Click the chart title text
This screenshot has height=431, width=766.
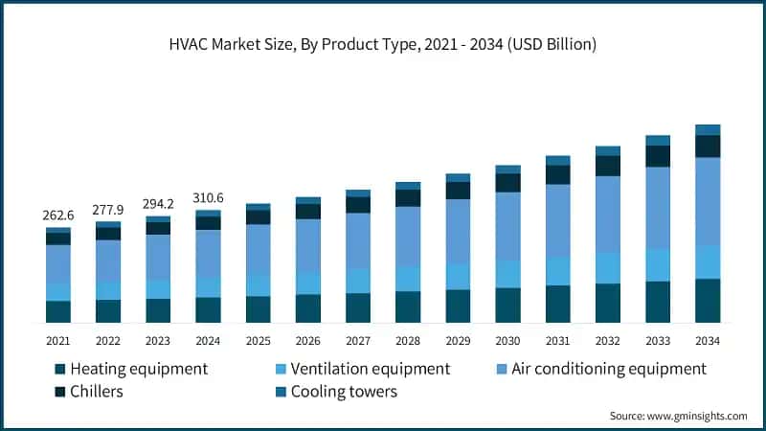(383, 45)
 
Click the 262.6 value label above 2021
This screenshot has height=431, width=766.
(58, 215)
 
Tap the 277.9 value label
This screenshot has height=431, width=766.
(108, 209)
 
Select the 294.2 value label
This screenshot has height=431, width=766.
(158, 203)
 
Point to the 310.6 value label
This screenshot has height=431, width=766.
(208, 197)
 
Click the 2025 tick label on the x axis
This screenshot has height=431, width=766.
(258, 340)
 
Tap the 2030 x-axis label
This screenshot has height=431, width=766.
(507, 340)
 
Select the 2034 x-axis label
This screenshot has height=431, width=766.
(708, 340)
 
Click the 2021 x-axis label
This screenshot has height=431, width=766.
(58, 340)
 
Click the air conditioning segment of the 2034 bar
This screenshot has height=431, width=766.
(708, 201)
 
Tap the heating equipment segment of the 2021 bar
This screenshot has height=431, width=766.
(58, 311)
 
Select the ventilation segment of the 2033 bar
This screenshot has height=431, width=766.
(658, 264)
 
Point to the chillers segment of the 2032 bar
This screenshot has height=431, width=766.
(608, 166)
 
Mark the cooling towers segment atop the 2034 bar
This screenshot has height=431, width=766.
(708, 129)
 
